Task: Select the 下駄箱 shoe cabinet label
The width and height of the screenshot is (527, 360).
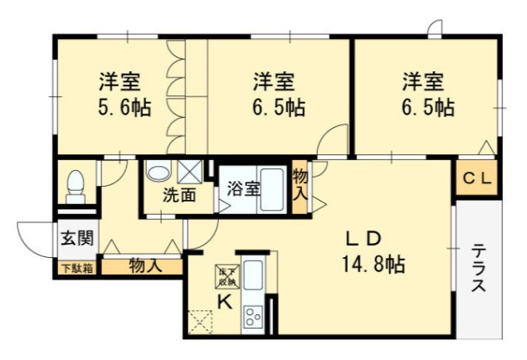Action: tap(76, 267)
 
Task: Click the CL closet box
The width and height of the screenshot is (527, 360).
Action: tap(477, 177)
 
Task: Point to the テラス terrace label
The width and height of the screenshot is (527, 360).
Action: tap(479, 268)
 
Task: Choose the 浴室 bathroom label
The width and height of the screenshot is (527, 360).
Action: tap(243, 188)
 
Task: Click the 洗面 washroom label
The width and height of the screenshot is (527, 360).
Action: tap(178, 197)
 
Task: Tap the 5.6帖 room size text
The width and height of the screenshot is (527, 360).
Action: tap(121, 108)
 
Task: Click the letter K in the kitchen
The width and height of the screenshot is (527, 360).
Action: tap(224, 302)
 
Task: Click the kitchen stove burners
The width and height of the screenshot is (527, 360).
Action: tap(252, 317)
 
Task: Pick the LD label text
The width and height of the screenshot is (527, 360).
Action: tap(363, 239)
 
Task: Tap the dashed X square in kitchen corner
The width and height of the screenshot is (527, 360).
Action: tap(200, 320)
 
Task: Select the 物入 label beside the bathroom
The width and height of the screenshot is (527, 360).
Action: tap(300, 187)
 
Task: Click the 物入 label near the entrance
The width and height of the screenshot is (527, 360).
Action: tap(144, 266)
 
